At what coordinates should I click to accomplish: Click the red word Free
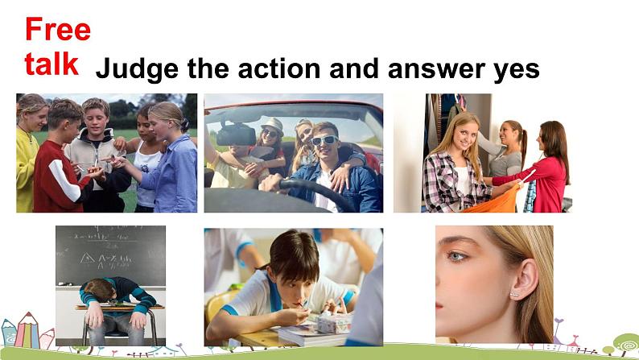coord(58,29)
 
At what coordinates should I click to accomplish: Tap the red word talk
coord(52,64)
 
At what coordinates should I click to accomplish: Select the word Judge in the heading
coord(137,69)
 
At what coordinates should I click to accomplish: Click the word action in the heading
coord(279,68)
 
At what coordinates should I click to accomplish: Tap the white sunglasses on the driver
coord(324,140)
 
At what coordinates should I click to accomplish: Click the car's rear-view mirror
coord(237,134)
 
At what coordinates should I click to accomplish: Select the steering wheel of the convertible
coord(314,192)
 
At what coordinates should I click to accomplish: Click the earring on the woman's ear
coord(516,294)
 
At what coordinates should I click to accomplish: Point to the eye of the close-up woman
coord(456,256)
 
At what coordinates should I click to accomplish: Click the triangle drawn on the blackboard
coord(87,258)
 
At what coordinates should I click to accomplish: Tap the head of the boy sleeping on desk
coord(99,290)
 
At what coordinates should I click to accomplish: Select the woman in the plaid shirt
coord(456,163)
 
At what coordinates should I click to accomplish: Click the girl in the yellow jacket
coord(29,154)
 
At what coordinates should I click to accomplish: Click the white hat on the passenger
coord(272,124)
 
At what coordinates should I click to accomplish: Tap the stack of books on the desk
coord(311,335)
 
